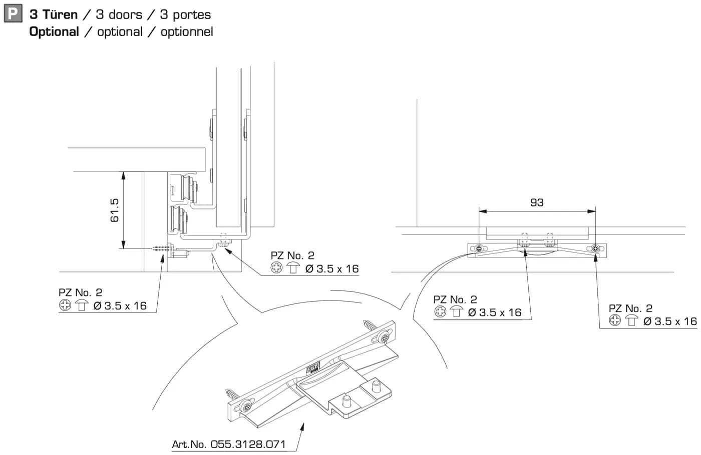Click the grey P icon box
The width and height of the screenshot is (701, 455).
[x=13, y=13]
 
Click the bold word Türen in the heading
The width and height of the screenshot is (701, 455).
[x=60, y=14]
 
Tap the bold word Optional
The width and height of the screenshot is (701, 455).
[x=54, y=32]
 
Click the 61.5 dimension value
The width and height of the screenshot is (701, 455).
[x=115, y=210]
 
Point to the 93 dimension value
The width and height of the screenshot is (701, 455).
[x=537, y=202]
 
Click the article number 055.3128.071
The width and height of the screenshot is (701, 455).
[x=248, y=444]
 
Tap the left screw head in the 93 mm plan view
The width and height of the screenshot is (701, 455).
[x=479, y=249]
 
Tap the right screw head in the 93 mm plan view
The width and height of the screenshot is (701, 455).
[x=595, y=249]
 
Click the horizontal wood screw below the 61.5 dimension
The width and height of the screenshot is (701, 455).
[x=162, y=248]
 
